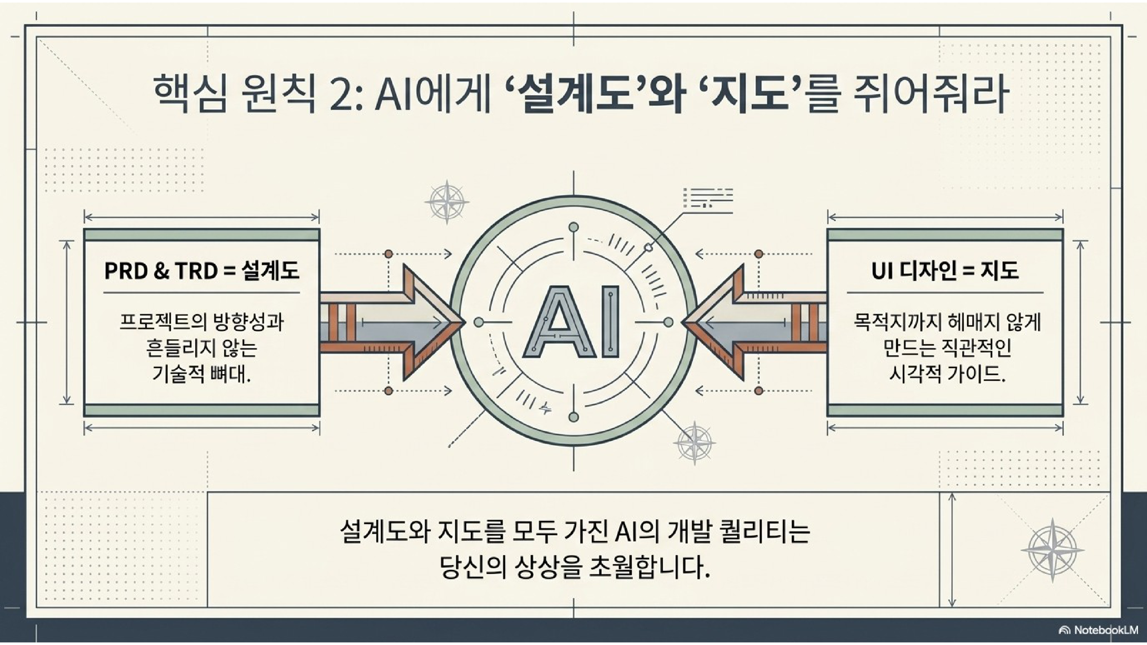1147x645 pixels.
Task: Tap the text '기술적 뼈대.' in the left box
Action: tap(201, 374)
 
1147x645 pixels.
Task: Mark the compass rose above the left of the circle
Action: tap(446, 202)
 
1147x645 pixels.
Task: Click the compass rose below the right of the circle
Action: tap(694, 442)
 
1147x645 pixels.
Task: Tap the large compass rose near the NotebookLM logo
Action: tap(1052, 550)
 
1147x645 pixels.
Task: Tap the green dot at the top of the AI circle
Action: tap(573, 227)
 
